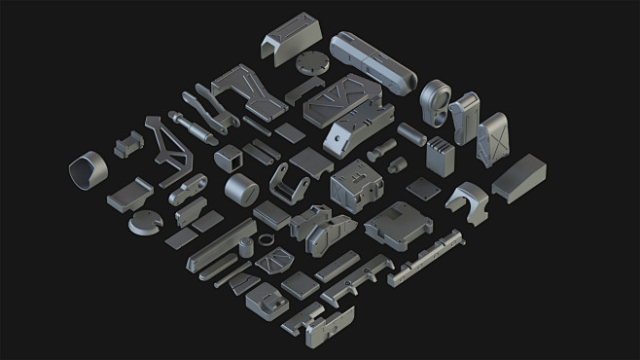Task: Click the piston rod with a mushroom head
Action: (194, 123)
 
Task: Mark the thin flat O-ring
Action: (265, 240)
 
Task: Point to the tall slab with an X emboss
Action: (494, 137)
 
